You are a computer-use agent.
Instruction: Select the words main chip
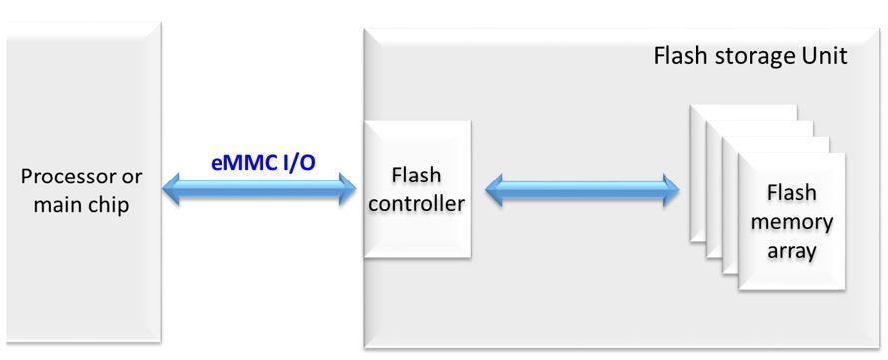pyautogui.click(x=81, y=206)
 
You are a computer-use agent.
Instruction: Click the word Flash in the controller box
pyautogui.click(x=417, y=176)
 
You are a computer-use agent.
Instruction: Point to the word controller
pyautogui.click(x=417, y=204)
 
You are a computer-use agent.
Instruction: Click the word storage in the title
pyautogui.click(x=739, y=55)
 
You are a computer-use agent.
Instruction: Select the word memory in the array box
pyautogui.click(x=792, y=221)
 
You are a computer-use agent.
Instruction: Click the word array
pyautogui.click(x=792, y=249)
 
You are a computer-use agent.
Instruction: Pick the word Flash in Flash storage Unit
pyautogui.click(x=675, y=55)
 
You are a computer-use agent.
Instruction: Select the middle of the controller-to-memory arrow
pyautogui.click(x=582, y=189)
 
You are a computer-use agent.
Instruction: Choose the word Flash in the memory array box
pyautogui.click(x=792, y=193)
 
